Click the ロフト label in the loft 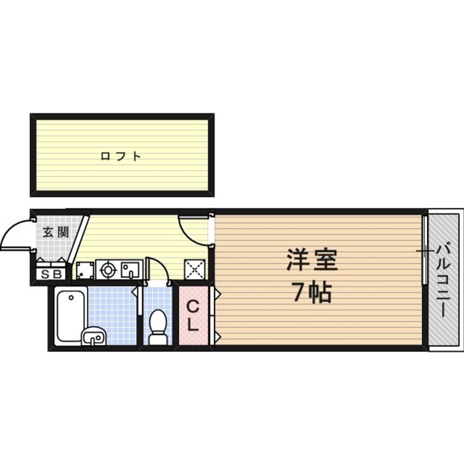pyautogui.click(x=121, y=156)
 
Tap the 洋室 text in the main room pyautogui.click(x=311, y=261)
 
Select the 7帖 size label pyautogui.click(x=311, y=293)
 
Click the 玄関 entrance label pyautogui.click(x=56, y=232)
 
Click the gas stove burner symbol pyautogui.click(x=108, y=270)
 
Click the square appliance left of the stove pyautogui.click(x=85, y=270)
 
